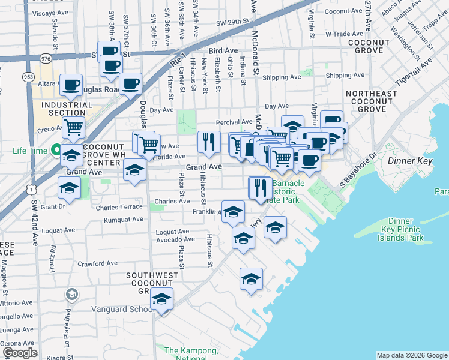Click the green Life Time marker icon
click(x=56, y=149)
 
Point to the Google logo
click(x=20, y=353)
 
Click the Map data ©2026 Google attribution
click(x=412, y=355)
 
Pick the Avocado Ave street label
click(x=176, y=239)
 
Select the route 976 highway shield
click(x=46, y=59)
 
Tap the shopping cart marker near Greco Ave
click(x=73, y=127)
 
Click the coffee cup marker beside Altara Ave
click(x=71, y=86)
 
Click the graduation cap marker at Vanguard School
click(x=161, y=299)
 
